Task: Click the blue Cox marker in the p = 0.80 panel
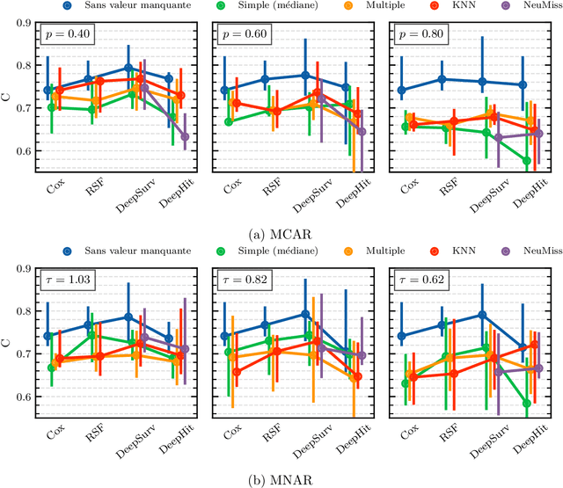point(404,90)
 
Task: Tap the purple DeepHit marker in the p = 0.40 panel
point(185,137)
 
